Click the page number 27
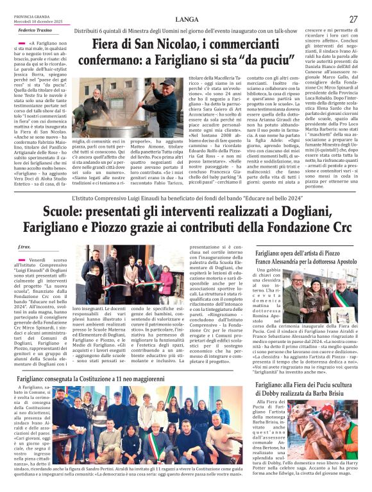[x=353, y=19]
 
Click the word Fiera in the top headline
[x=110, y=45]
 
